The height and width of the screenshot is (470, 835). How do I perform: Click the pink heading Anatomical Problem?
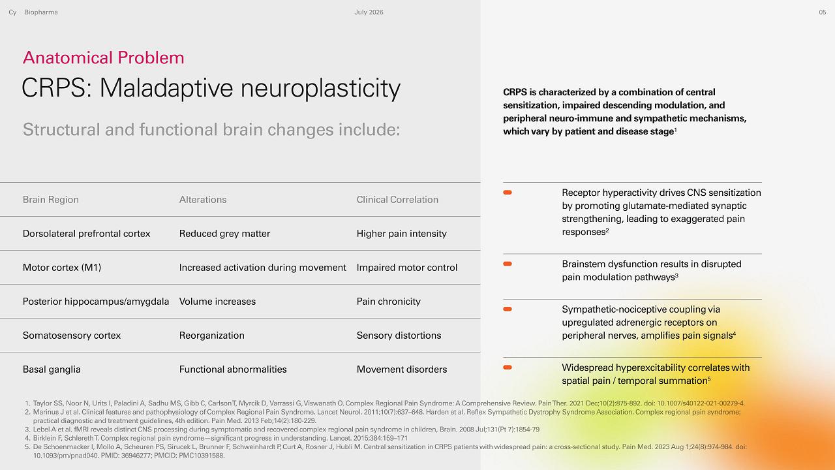coord(103,58)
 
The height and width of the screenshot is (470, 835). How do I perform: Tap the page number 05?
coord(823,12)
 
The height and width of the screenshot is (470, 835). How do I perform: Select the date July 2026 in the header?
coord(369,12)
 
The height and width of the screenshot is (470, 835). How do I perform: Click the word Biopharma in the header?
coord(41,12)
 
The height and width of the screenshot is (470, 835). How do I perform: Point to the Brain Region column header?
coord(51,200)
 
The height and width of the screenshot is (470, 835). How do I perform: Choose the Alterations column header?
coord(203,200)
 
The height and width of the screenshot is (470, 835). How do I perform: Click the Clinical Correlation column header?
coord(397,200)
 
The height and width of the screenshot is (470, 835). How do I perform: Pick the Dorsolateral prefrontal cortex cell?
coord(87,234)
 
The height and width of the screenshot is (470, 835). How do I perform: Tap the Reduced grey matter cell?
coord(224,234)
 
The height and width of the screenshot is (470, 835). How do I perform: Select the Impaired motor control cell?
coord(407,268)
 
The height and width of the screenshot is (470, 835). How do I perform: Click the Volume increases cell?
coord(217,302)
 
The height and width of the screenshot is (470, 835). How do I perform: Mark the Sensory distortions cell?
coord(399,336)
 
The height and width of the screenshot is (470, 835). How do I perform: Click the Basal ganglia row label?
coord(52,369)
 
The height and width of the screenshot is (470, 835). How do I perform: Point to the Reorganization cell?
coord(212,336)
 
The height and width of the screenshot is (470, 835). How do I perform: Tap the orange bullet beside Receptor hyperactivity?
coord(508,193)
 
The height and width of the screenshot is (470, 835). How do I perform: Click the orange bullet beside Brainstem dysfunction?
coord(508,264)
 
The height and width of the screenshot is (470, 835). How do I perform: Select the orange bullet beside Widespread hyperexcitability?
coord(508,368)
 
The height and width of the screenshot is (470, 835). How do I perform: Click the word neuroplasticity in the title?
coord(320,89)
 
